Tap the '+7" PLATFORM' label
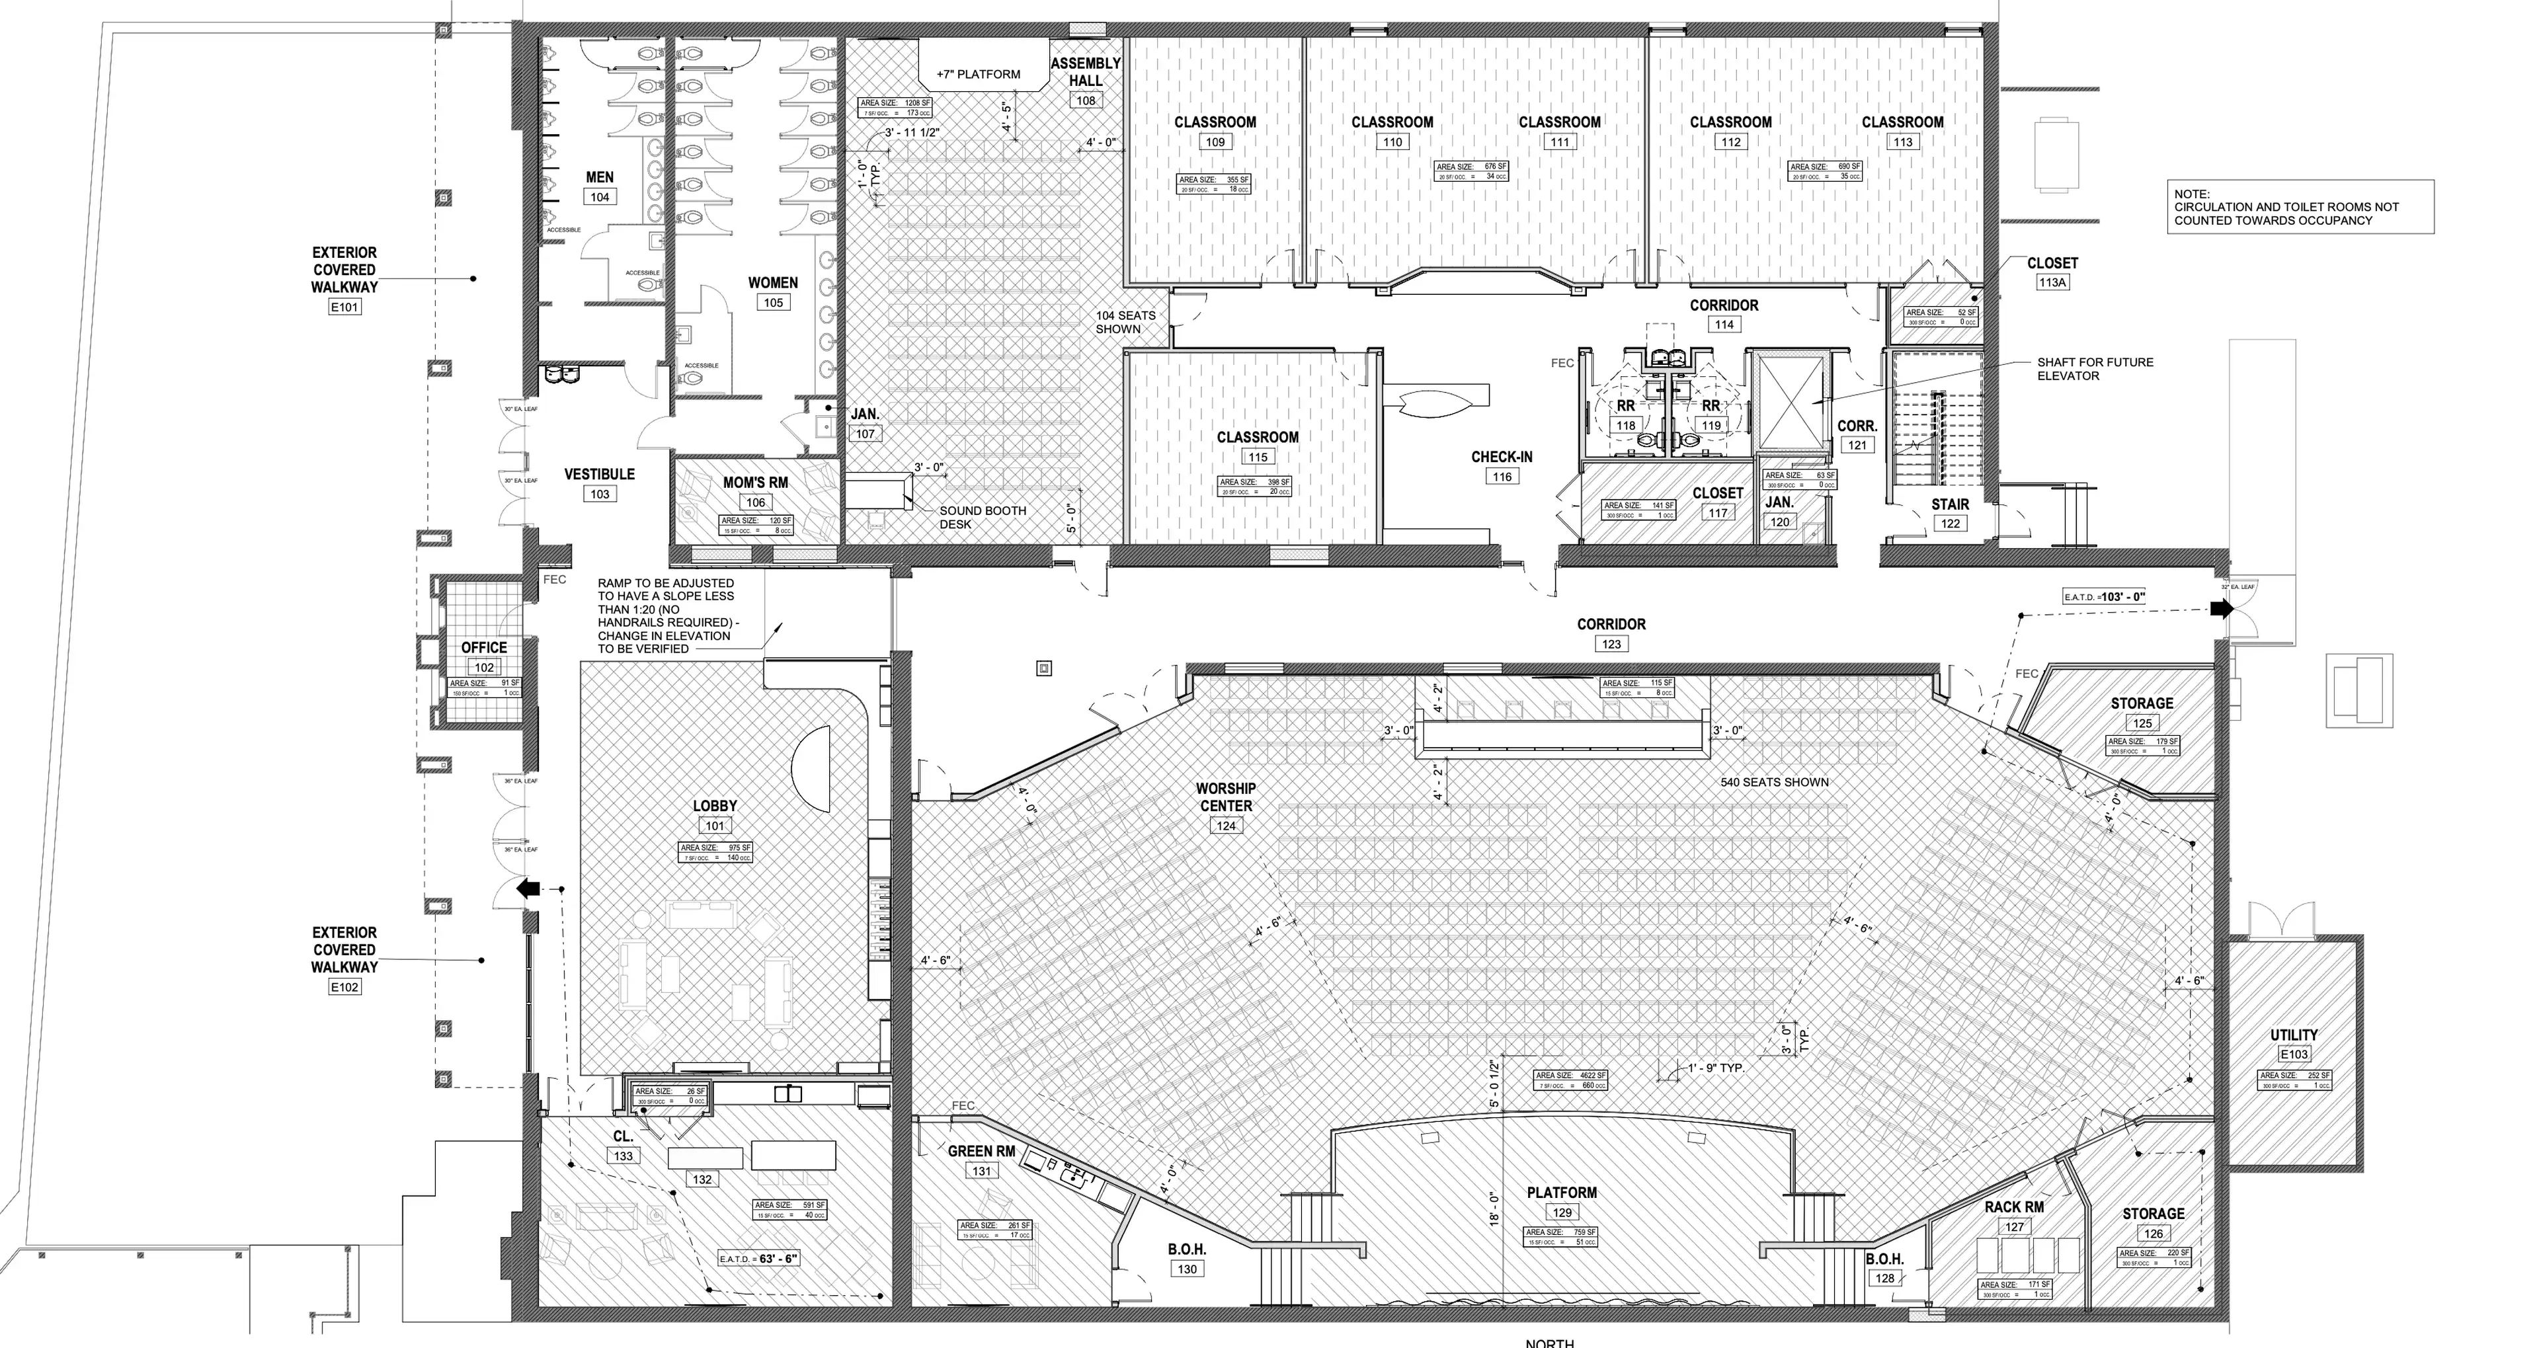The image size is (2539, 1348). [978, 74]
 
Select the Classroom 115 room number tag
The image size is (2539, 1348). [1257, 457]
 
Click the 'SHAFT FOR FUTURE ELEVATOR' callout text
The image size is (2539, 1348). [2095, 368]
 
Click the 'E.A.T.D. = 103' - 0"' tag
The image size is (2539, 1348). [2105, 597]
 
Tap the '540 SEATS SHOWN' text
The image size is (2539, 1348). [1774, 782]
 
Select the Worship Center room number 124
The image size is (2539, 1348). [1225, 826]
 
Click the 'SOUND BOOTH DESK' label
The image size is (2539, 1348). [982, 518]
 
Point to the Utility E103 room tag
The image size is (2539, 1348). [2294, 1054]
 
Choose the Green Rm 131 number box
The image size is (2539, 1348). [982, 1171]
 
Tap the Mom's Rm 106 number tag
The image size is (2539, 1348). [755, 502]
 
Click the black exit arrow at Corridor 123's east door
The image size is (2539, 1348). [2221, 609]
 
